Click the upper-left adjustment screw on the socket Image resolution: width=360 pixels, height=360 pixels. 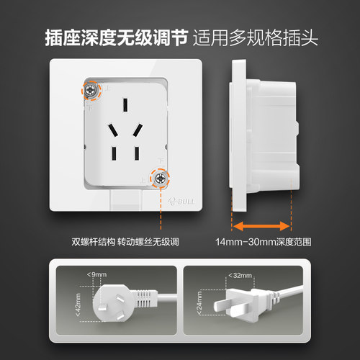click(x=90, y=91)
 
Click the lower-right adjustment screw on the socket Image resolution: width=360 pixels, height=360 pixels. click(x=159, y=178)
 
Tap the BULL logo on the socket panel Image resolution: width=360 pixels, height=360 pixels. click(x=181, y=202)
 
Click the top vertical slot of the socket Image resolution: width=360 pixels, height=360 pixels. click(x=125, y=104)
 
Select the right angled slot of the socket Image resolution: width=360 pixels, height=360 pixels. click(x=138, y=130)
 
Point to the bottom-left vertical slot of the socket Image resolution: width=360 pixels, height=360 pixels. click(x=114, y=153)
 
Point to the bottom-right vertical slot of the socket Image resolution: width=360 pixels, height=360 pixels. click(x=137, y=153)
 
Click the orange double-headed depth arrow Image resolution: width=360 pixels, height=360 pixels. click(x=261, y=226)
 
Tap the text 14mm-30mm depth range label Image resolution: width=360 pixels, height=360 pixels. click(x=264, y=242)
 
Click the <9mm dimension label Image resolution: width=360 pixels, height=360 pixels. click(x=96, y=274)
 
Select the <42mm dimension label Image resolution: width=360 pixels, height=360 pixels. click(x=78, y=305)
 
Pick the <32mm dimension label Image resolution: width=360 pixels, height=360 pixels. click(x=240, y=275)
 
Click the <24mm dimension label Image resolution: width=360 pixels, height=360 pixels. click(x=199, y=303)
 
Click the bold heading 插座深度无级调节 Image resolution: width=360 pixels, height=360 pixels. click(x=117, y=37)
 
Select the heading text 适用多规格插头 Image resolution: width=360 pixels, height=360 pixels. click(x=256, y=37)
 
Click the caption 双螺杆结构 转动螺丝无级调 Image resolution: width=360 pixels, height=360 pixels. click(x=125, y=242)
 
